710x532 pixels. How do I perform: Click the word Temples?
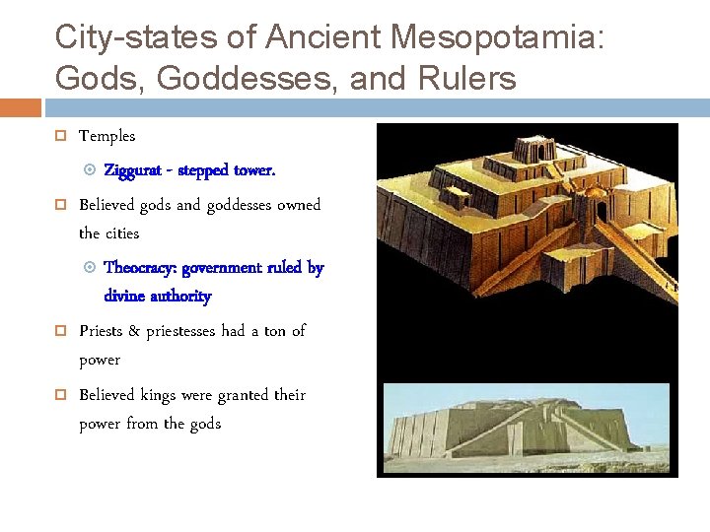click(106, 136)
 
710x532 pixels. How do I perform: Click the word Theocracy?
click(142, 268)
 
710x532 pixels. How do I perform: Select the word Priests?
click(100, 331)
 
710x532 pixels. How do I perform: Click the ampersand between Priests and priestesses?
click(134, 332)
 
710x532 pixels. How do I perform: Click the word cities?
click(123, 233)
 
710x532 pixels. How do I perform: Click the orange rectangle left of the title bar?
click(20, 107)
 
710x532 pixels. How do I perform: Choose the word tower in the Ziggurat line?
click(253, 170)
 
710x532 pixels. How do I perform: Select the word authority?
click(184, 297)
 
